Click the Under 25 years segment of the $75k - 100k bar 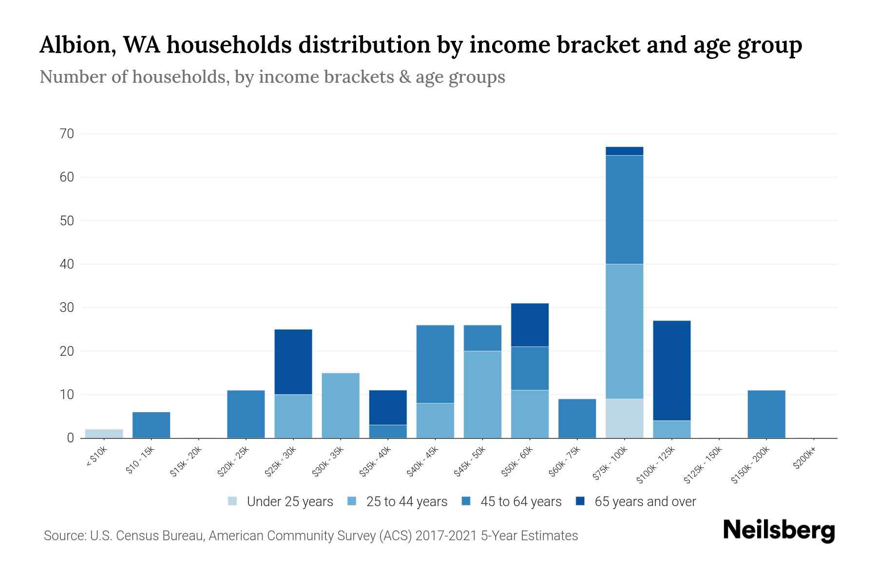tap(624, 418)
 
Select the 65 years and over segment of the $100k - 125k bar tap(671, 370)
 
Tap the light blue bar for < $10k tap(104, 433)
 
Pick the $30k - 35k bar tap(341, 405)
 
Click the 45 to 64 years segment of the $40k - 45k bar tap(435, 364)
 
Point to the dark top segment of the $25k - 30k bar tap(293, 362)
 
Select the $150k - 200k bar tap(766, 414)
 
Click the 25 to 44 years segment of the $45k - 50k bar tap(482, 394)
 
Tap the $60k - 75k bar tap(577, 419)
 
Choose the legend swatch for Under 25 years tap(232, 501)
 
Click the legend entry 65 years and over tap(645, 502)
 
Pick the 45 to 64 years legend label tap(521, 502)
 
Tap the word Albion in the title tap(77, 45)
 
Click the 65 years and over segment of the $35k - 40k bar tap(388, 407)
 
